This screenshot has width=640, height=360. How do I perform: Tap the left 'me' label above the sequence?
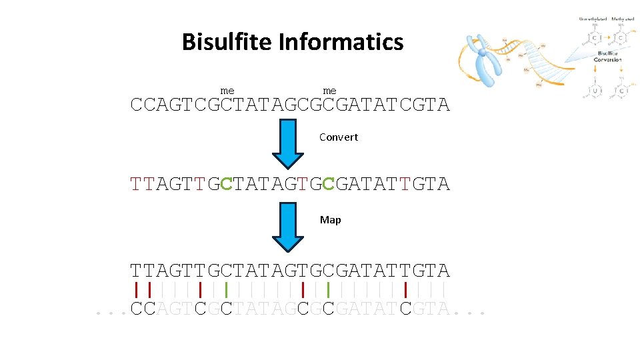227,91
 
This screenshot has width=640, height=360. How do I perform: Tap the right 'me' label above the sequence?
329,91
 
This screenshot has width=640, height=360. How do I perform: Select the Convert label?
338,137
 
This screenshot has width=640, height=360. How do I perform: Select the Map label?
330,220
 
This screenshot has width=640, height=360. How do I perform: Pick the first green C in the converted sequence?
227,183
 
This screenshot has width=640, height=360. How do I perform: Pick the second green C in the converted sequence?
329,183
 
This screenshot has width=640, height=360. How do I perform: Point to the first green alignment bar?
227,290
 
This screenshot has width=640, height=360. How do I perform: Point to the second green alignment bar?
329,290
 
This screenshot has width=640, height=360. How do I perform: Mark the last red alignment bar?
405,290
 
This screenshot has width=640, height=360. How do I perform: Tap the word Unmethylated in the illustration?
592,19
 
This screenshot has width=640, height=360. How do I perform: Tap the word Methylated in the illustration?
625,19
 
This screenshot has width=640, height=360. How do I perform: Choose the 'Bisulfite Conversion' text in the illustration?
608,56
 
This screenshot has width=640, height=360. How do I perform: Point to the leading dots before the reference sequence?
111,311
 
